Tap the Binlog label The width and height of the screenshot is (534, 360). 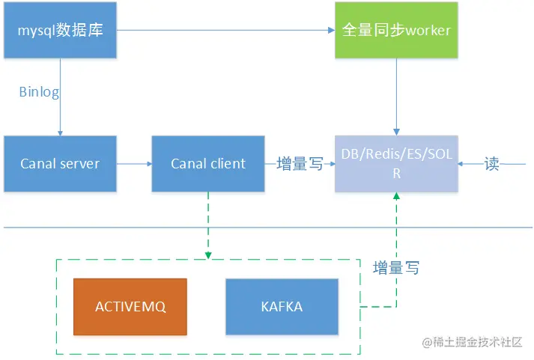point(39,92)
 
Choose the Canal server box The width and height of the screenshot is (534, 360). point(60,163)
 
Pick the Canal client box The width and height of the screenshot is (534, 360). point(208,163)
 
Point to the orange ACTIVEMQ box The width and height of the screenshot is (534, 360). point(130,307)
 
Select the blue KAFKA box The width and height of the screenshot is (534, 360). point(282,307)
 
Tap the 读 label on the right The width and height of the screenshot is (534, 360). point(491,163)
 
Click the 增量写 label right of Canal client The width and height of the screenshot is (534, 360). point(300,163)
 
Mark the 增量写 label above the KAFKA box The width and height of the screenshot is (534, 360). point(396,267)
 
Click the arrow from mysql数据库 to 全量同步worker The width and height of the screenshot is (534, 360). point(225,30)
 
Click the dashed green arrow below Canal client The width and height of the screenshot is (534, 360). point(208,225)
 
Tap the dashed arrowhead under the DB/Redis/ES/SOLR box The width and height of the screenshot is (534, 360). point(396,196)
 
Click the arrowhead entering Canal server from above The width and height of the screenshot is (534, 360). point(60,131)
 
